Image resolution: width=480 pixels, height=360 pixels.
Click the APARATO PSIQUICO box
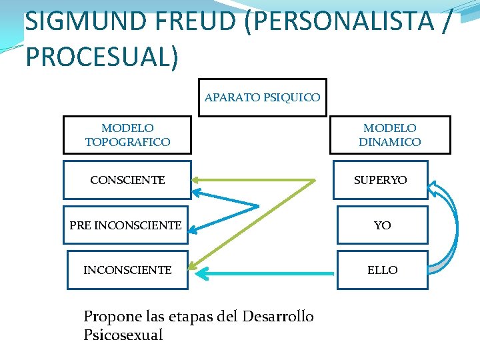click(x=262, y=97)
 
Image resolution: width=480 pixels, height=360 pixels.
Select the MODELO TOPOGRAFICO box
click(x=127, y=135)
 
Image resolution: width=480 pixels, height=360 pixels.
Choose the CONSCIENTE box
click(x=127, y=180)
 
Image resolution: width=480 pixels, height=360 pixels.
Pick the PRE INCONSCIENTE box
click(x=125, y=225)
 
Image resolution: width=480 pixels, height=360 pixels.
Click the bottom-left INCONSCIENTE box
click(x=127, y=270)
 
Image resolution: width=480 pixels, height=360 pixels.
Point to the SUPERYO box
click(x=381, y=180)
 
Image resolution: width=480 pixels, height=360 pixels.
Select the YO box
click(x=382, y=225)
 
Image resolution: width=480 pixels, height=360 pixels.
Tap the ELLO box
click(x=382, y=270)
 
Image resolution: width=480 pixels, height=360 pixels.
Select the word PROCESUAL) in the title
click(x=102, y=57)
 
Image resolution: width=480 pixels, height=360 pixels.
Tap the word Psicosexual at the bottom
click(x=123, y=335)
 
